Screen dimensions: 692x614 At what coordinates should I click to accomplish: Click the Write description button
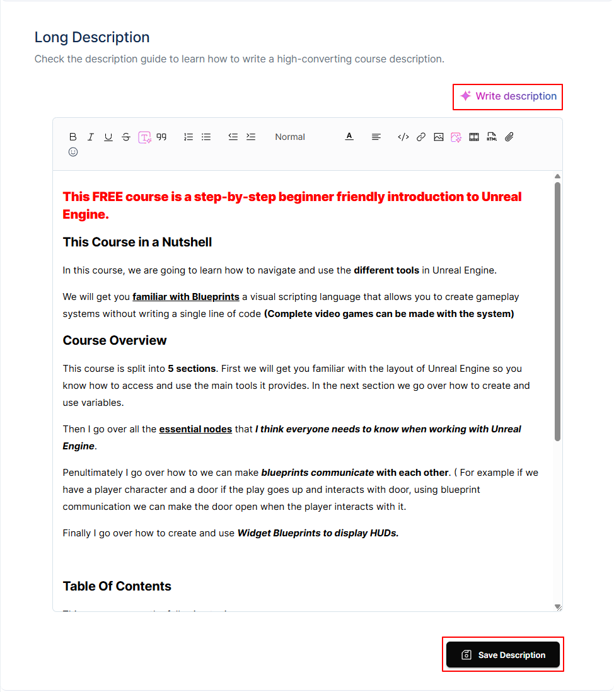[508, 96]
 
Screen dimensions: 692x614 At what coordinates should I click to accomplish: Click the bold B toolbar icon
[73, 137]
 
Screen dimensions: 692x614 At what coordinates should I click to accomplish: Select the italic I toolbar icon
[91, 137]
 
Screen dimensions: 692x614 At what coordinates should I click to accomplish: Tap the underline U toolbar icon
[108, 137]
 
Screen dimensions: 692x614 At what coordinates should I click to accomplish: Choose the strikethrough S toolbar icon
[126, 137]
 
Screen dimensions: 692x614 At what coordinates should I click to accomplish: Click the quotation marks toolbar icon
[162, 137]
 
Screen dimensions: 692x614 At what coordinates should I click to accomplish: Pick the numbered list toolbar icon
[188, 137]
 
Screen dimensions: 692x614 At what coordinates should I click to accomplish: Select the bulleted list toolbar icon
[206, 137]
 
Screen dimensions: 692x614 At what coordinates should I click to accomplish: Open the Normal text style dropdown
[290, 137]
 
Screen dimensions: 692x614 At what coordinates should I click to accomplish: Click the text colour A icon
[349, 137]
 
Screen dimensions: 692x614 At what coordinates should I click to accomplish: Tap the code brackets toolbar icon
[403, 137]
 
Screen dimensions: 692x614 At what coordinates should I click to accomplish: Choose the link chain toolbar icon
[421, 137]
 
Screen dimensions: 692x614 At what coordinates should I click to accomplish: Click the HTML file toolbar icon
[492, 137]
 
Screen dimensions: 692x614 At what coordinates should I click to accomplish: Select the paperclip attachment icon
[509, 137]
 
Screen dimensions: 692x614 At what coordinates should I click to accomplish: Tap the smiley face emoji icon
[73, 152]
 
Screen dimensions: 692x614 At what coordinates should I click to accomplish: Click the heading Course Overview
[115, 340]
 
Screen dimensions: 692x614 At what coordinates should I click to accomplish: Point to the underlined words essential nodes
[195, 429]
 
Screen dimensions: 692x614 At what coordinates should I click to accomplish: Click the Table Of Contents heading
[117, 586]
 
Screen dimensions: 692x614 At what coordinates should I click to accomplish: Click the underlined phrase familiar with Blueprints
[186, 297]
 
